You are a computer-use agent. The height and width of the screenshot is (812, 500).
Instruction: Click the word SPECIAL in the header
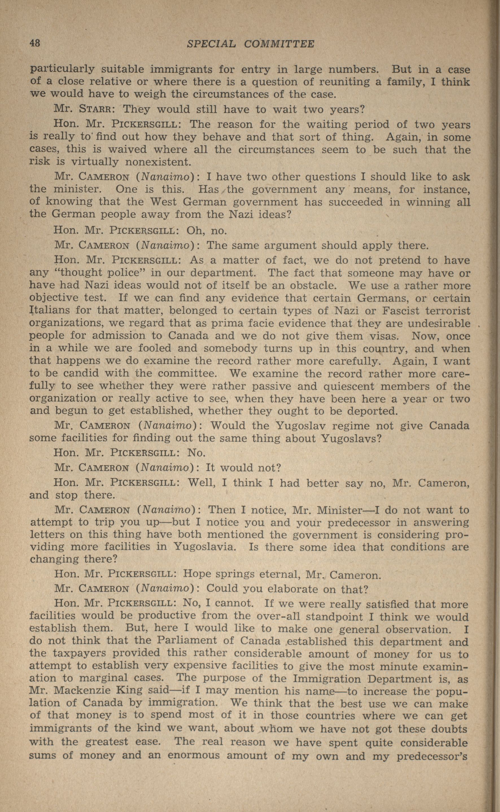[211, 44]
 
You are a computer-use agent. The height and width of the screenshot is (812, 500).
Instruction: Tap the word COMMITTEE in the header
[279, 44]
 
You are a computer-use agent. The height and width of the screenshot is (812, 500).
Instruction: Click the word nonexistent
[158, 162]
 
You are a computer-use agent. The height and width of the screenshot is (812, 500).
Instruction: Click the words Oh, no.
[207, 230]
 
